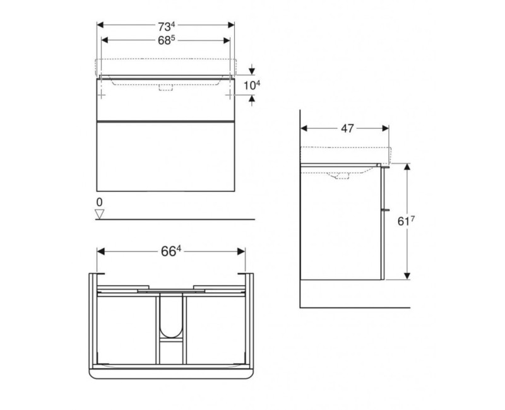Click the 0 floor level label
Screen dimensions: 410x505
coord(98,202)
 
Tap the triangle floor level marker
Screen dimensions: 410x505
coord(98,214)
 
